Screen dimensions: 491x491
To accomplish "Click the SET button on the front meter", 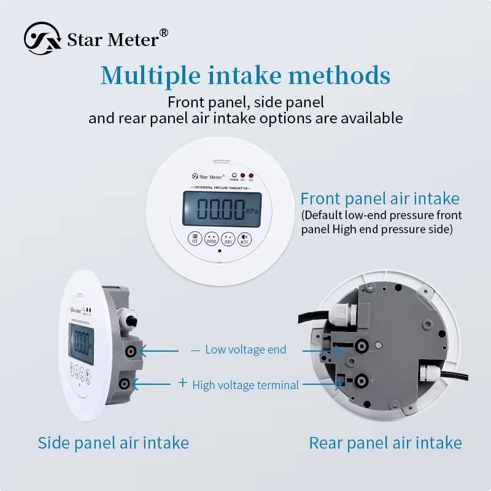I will tap(195, 239).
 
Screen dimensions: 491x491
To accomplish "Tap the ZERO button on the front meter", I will tap(228, 239).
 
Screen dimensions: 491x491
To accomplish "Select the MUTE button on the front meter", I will tap(244, 239).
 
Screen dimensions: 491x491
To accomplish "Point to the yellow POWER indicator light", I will tap(234, 175).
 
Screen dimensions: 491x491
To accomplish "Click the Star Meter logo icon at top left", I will tap(42, 38).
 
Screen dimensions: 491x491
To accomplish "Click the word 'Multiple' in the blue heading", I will tap(150, 76).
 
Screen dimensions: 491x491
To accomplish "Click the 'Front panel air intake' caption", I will tap(380, 199).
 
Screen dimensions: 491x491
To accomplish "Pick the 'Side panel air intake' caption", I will tap(114, 443).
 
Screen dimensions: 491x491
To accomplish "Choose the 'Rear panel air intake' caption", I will tap(385, 443).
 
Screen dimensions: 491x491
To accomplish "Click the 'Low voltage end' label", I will tap(245, 349).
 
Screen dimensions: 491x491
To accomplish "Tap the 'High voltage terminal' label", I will tap(245, 385).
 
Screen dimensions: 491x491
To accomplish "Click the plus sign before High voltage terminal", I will tap(182, 383).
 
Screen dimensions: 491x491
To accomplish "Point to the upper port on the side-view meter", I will tap(130, 351).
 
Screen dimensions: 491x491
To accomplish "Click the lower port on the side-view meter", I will tap(125, 384).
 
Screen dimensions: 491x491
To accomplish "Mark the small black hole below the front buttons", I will tap(219, 252).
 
